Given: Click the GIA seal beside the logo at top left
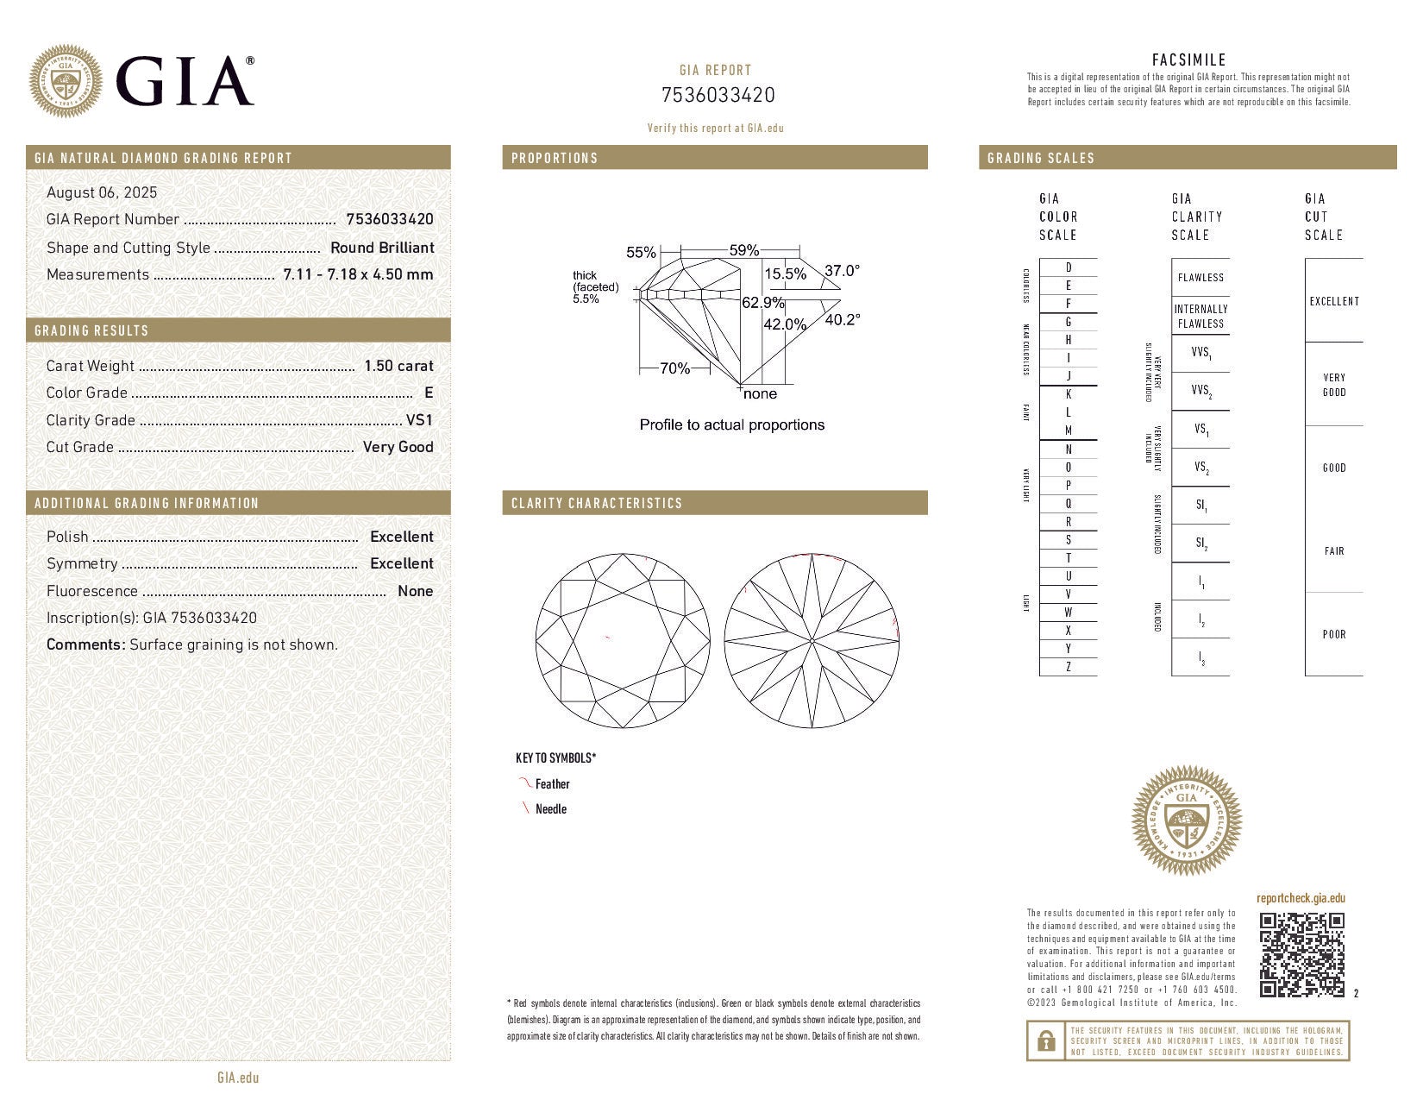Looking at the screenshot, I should pyautogui.click(x=65, y=81).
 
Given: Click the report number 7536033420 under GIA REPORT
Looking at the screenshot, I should pyautogui.click(x=718, y=95).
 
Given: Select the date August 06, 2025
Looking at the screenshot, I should pyautogui.click(x=102, y=192).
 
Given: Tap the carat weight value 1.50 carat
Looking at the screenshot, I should pyautogui.click(x=398, y=366).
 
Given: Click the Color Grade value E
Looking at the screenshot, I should pyautogui.click(x=429, y=393).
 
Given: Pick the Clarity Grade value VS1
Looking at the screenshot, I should pyautogui.click(x=420, y=420).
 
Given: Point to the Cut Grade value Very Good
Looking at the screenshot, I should pyautogui.click(x=398, y=447).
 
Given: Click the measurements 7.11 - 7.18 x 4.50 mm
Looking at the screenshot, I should pyautogui.click(x=358, y=274).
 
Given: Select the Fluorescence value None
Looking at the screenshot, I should pyautogui.click(x=415, y=591).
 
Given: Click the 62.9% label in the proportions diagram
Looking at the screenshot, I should pyautogui.click(x=763, y=303).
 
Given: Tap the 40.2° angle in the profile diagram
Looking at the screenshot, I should pyautogui.click(x=842, y=320).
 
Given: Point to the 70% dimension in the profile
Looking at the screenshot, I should pyautogui.click(x=674, y=368).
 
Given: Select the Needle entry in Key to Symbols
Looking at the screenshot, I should pyautogui.click(x=550, y=809).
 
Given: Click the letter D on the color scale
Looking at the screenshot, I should pyautogui.click(x=1069, y=267).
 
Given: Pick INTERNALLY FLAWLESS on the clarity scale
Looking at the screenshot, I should pyautogui.click(x=1200, y=317).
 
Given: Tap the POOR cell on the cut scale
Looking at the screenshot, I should pyautogui.click(x=1334, y=634).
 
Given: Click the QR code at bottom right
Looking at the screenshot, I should pyautogui.click(x=1301, y=955).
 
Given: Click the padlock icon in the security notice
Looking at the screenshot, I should pyautogui.click(x=1045, y=1040).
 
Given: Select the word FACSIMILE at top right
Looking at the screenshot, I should pyautogui.click(x=1188, y=60).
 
